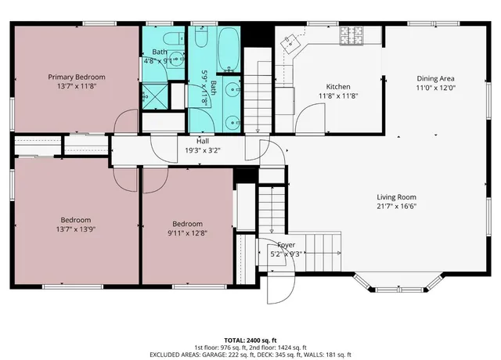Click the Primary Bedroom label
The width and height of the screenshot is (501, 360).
click(x=77, y=77)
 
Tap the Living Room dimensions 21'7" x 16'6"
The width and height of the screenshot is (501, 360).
click(x=397, y=207)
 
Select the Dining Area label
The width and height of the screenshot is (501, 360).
click(x=435, y=78)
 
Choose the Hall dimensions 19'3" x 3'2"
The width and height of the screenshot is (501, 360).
click(x=203, y=150)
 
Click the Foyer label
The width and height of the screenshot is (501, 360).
click(x=280, y=244)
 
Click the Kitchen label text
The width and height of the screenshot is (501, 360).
click(x=338, y=86)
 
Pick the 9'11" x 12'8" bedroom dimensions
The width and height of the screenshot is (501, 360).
click(x=188, y=232)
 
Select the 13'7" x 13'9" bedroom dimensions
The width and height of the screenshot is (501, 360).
click(x=77, y=229)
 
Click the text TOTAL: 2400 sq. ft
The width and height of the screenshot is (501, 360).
click(x=250, y=340)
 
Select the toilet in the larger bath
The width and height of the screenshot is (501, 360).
click(x=200, y=40)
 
